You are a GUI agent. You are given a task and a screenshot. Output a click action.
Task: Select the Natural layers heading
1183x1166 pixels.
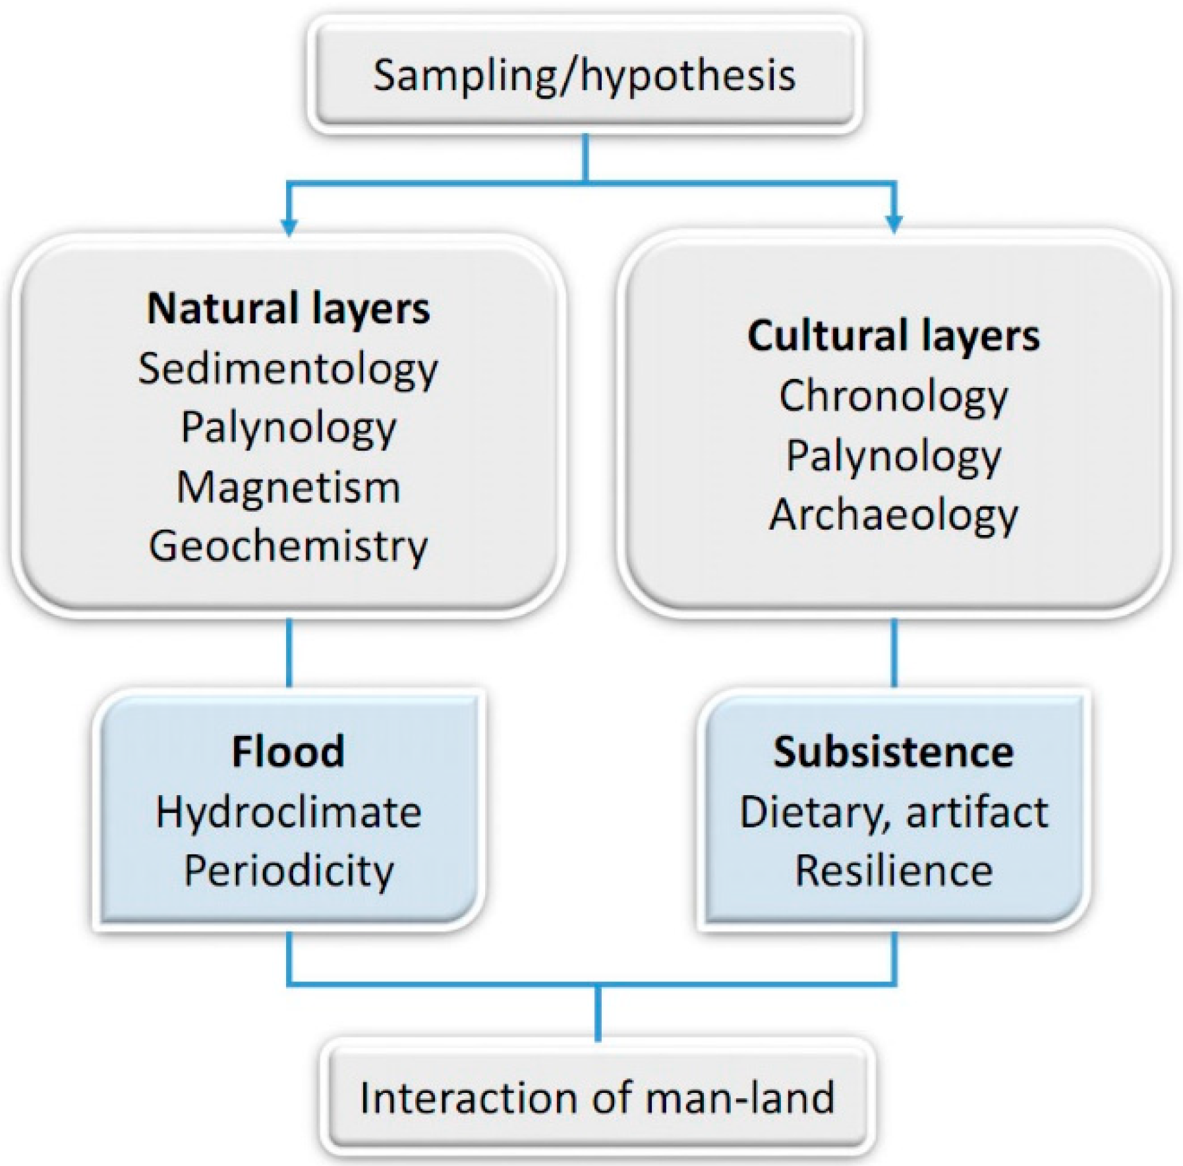[x=288, y=308]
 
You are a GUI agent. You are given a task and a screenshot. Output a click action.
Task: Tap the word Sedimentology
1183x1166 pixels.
[x=288, y=369]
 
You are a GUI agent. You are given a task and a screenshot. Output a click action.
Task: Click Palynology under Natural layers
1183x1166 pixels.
[x=288, y=428]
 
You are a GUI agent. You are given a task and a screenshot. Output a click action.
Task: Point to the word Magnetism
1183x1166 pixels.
[x=288, y=487]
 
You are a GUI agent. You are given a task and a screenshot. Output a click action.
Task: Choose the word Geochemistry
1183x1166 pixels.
[x=288, y=547]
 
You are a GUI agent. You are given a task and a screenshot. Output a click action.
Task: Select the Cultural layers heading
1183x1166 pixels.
[x=893, y=336]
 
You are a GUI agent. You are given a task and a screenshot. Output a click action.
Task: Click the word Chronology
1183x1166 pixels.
[x=893, y=397]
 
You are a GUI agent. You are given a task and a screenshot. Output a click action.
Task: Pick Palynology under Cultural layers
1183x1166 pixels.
[x=893, y=456]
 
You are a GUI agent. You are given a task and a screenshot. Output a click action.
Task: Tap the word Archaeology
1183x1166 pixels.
[x=893, y=515]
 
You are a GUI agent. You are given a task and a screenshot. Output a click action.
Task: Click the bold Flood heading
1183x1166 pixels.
[x=288, y=751]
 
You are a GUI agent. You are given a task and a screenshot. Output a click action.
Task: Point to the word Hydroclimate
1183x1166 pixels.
[x=288, y=812]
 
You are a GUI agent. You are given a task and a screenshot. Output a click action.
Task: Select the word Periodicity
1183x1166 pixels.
[x=288, y=871]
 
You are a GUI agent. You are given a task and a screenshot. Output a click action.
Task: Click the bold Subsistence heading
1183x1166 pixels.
[x=893, y=751]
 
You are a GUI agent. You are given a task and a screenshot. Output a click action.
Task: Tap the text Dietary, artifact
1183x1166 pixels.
[x=893, y=812]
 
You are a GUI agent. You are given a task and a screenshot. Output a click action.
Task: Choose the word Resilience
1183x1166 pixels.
[x=893, y=871]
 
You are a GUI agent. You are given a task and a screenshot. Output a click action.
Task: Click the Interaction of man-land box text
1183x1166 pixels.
[x=597, y=1098]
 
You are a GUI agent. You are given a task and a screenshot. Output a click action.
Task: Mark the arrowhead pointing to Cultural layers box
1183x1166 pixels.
[x=894, y=225]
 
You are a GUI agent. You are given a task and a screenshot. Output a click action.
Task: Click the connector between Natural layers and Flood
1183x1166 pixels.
[x=288, y=652]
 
